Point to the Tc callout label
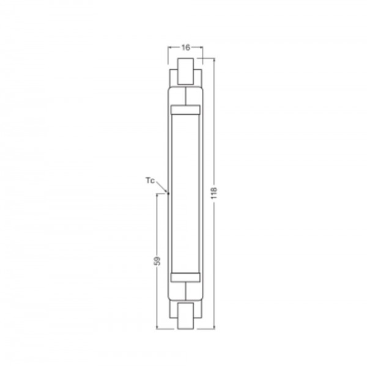coord(149,180)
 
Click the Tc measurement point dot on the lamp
coord(168,194)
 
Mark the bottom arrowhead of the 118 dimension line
coord(213,328)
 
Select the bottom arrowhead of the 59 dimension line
coord(158,328)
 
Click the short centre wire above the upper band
coord(185,97)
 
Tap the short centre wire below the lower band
coord(185,291)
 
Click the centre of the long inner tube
coord(185,194)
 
